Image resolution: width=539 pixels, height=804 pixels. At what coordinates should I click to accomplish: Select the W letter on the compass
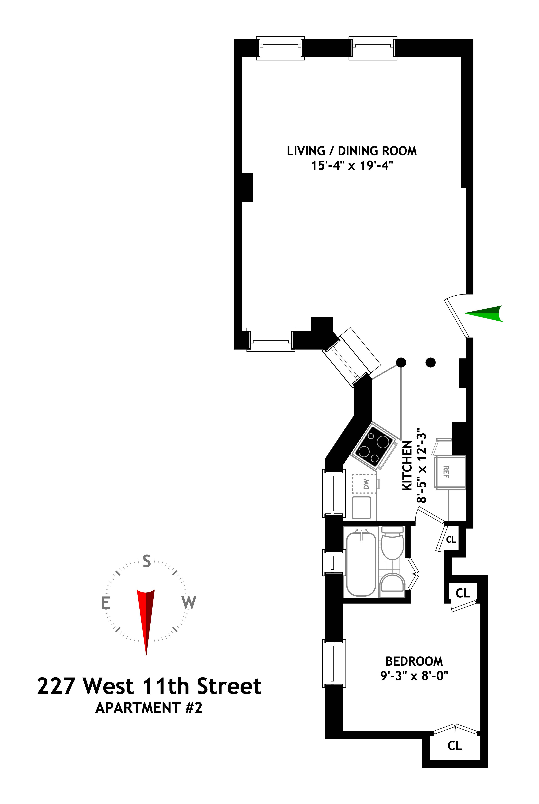189,602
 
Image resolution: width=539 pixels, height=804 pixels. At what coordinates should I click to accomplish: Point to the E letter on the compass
105,603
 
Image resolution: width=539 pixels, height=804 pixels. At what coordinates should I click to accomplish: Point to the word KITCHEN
407,465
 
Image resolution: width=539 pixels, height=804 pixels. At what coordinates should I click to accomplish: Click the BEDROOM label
414,661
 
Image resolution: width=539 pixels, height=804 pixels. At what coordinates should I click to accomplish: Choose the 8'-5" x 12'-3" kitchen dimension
421,465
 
